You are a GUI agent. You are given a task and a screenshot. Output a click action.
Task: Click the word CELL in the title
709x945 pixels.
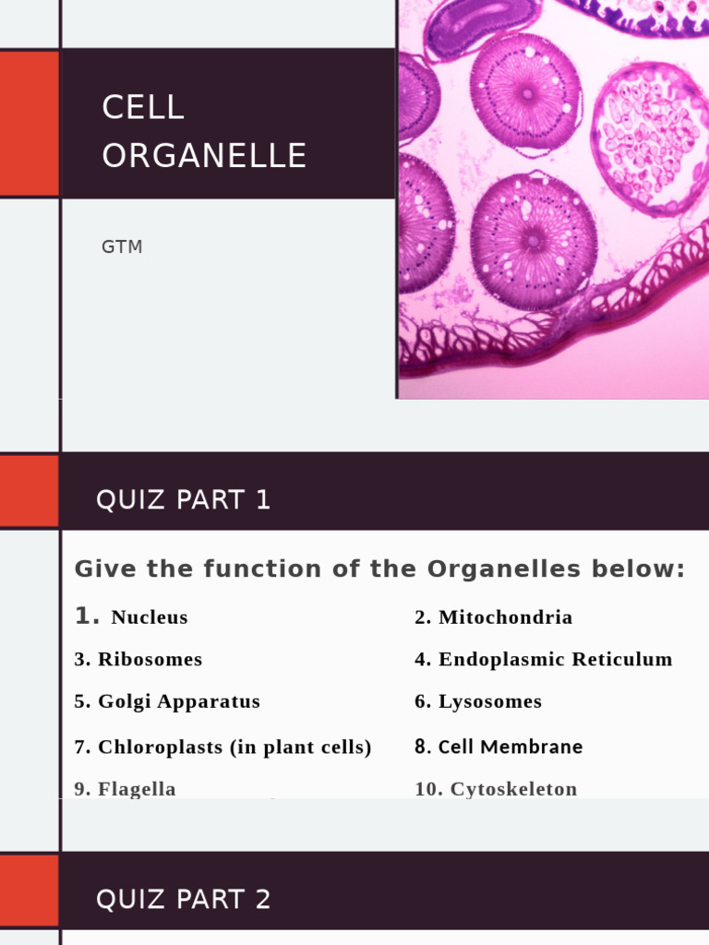[x=143, y=108]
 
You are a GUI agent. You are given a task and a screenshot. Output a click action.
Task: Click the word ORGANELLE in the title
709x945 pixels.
[x=204, y=156]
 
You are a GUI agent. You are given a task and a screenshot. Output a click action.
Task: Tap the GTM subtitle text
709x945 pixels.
[x=122, y=247]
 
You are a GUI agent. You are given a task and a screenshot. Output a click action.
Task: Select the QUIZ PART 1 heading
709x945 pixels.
[x=183, y=500]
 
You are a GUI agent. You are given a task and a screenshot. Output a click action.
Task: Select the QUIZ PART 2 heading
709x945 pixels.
[x=183, y=900]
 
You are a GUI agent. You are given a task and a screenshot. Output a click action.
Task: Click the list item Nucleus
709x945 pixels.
[x=149, y=617]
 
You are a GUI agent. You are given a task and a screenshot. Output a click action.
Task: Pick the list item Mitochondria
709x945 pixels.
[x=505, y=617]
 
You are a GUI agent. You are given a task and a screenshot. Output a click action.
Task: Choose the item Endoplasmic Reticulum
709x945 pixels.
[x=555, y=660]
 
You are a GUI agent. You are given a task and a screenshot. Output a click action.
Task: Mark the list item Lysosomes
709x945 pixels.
[x=489, y=701]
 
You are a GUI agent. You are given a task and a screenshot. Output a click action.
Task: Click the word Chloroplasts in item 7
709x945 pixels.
[x=162, y=748]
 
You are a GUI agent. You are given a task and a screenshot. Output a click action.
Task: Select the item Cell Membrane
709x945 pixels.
[x=510, y=748]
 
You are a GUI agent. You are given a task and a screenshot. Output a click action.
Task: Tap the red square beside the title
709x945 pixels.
[x=29, y=124]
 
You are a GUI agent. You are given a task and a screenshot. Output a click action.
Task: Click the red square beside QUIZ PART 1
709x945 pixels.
[x=29, y=491]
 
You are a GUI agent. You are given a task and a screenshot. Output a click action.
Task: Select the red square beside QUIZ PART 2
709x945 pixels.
[x=29, y=891]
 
